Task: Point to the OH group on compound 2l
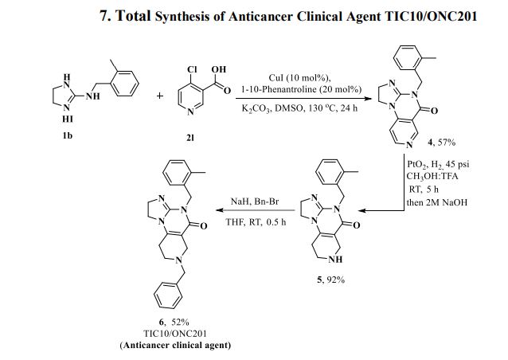click(217, 68)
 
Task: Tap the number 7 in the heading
click(104, 16)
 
